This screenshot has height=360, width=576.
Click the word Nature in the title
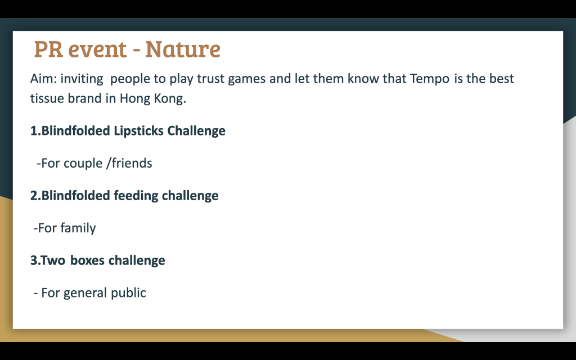coord(183,49)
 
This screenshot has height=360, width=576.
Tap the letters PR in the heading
coord(48,49)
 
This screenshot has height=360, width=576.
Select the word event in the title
coord(97,49)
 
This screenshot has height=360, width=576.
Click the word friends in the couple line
coord(132,163)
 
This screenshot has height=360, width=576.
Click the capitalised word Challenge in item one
coord(196,131)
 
